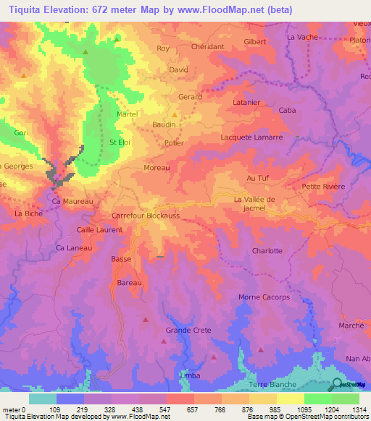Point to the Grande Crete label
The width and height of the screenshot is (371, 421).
(x=188, y=331)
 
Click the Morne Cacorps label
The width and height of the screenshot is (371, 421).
(x=264, y=297)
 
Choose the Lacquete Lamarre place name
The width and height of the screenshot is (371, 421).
(x=251, y=137)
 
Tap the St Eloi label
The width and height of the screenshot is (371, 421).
(x=120, y=143)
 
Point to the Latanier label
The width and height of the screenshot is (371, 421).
(x=245, y=102)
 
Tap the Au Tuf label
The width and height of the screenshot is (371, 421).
(x=258, y=178)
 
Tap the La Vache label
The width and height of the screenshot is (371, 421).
(x=303, y=36)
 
